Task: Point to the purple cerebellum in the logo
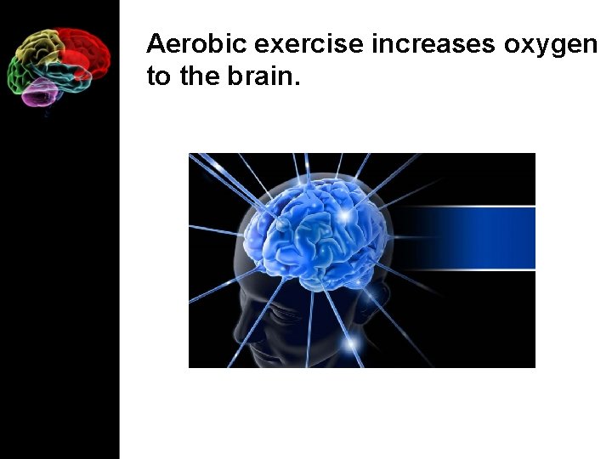39,92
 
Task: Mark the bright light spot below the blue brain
350,343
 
